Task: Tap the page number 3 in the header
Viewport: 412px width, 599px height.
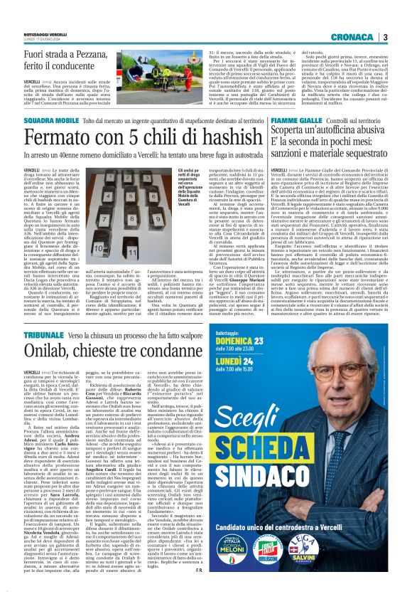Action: click(404, 37)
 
